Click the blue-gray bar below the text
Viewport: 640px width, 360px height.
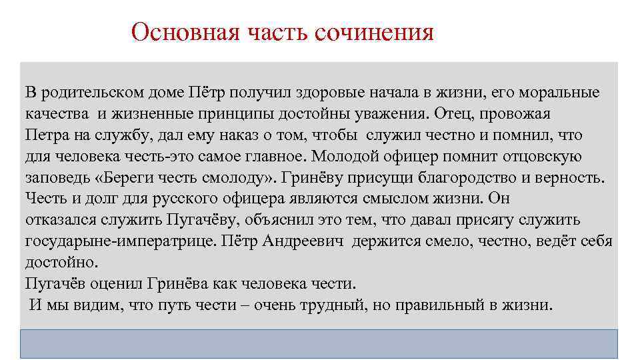click(x=319, y=344)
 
